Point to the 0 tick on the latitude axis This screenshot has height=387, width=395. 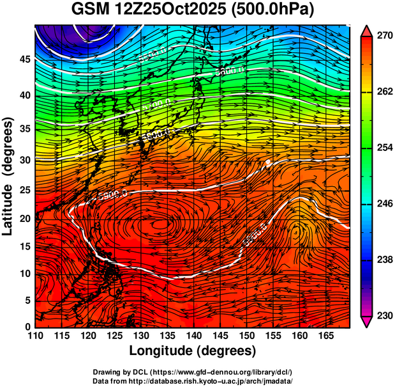click(x=27, y=327)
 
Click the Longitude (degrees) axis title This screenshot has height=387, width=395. click(x=193, y=351)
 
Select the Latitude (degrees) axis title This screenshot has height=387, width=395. click(x=8, y=173)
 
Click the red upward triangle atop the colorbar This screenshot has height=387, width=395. click(x=367, y=30)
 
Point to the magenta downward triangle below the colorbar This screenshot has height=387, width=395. click(x=367, y=322)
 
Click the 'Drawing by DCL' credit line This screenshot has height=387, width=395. click(x=193, y=372)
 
